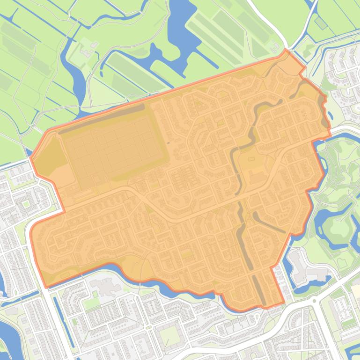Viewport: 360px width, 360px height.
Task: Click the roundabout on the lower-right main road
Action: click(x=316, y=300)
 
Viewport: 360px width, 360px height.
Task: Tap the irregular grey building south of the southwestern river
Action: click(x=105, y=286)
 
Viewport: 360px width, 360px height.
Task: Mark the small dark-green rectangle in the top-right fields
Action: click(x=321, y=22)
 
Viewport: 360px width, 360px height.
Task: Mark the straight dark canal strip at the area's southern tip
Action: click(x=259, y=290)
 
